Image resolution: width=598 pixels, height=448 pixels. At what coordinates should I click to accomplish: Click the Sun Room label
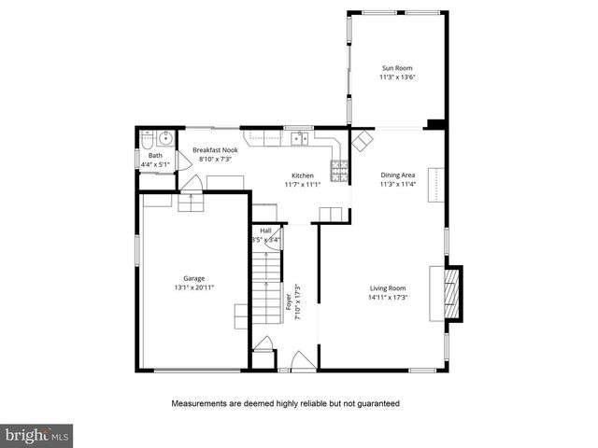pos(397,67)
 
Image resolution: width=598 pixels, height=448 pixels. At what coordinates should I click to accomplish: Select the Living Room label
pos(387,287)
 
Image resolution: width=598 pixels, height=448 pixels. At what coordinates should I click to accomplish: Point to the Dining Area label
pos(397,175)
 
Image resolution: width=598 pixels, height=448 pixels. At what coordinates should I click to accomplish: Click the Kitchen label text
pos(302,175)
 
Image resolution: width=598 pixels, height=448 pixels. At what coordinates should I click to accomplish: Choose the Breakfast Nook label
pos(214,149)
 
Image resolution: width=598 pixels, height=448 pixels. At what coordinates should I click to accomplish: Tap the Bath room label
pos(155,155)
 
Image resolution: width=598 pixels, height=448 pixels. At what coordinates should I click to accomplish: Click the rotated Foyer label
pos(289,303)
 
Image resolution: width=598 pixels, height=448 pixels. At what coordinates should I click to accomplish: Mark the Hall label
pos(265,230)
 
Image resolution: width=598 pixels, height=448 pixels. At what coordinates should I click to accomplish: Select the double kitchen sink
pos(299,139)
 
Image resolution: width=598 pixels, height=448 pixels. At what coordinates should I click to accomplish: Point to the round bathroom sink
pos(164,140)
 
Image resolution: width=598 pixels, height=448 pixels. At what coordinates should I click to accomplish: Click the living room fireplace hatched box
pos(449,292)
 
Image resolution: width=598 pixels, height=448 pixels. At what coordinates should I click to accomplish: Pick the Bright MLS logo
pos(37,435)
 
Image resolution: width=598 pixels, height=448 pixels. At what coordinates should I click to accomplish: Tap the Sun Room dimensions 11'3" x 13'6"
pos(397,77)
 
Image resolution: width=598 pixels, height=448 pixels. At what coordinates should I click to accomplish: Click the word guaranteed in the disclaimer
pos(377,404)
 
